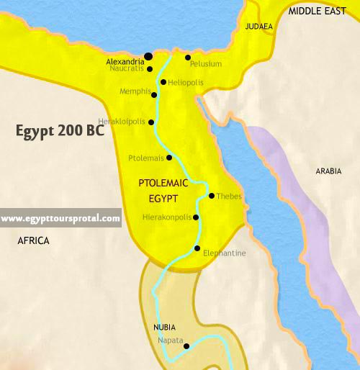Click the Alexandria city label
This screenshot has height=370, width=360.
[x=125, y=62]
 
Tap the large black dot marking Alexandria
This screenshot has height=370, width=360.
[x=148, y=56]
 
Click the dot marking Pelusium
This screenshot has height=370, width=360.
[x=187, y=58]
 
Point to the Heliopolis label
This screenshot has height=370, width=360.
[x=186, y=83]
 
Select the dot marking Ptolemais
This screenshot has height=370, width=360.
[x=169, y=158]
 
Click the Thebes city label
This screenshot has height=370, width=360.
[x=229, y=196]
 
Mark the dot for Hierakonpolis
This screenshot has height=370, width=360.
[x=196, y=217]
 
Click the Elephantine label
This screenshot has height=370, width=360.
[x=224, y=253]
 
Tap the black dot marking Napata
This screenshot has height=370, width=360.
[x=186, y=346]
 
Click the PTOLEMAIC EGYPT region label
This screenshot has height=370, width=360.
[x=163, y=189]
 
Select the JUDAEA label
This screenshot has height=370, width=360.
[x=258, y=27]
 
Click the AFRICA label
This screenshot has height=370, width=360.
[x=33, y=241]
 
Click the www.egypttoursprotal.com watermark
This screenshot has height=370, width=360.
[x=60, y=218]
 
